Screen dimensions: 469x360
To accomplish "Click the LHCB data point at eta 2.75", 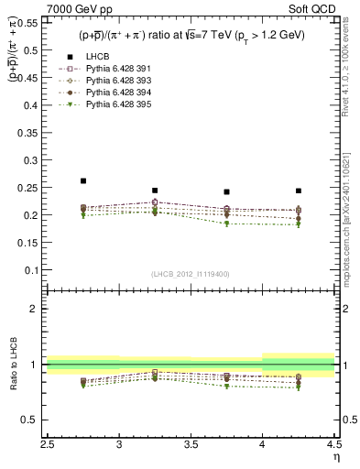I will click(83, 181).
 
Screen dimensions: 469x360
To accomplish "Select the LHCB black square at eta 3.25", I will click(155, 191).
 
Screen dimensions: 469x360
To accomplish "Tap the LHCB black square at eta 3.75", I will click(226, 192).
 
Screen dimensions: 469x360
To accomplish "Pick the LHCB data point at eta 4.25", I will click(298, 191).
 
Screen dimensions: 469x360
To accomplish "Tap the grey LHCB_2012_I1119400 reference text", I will click(191, 274).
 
